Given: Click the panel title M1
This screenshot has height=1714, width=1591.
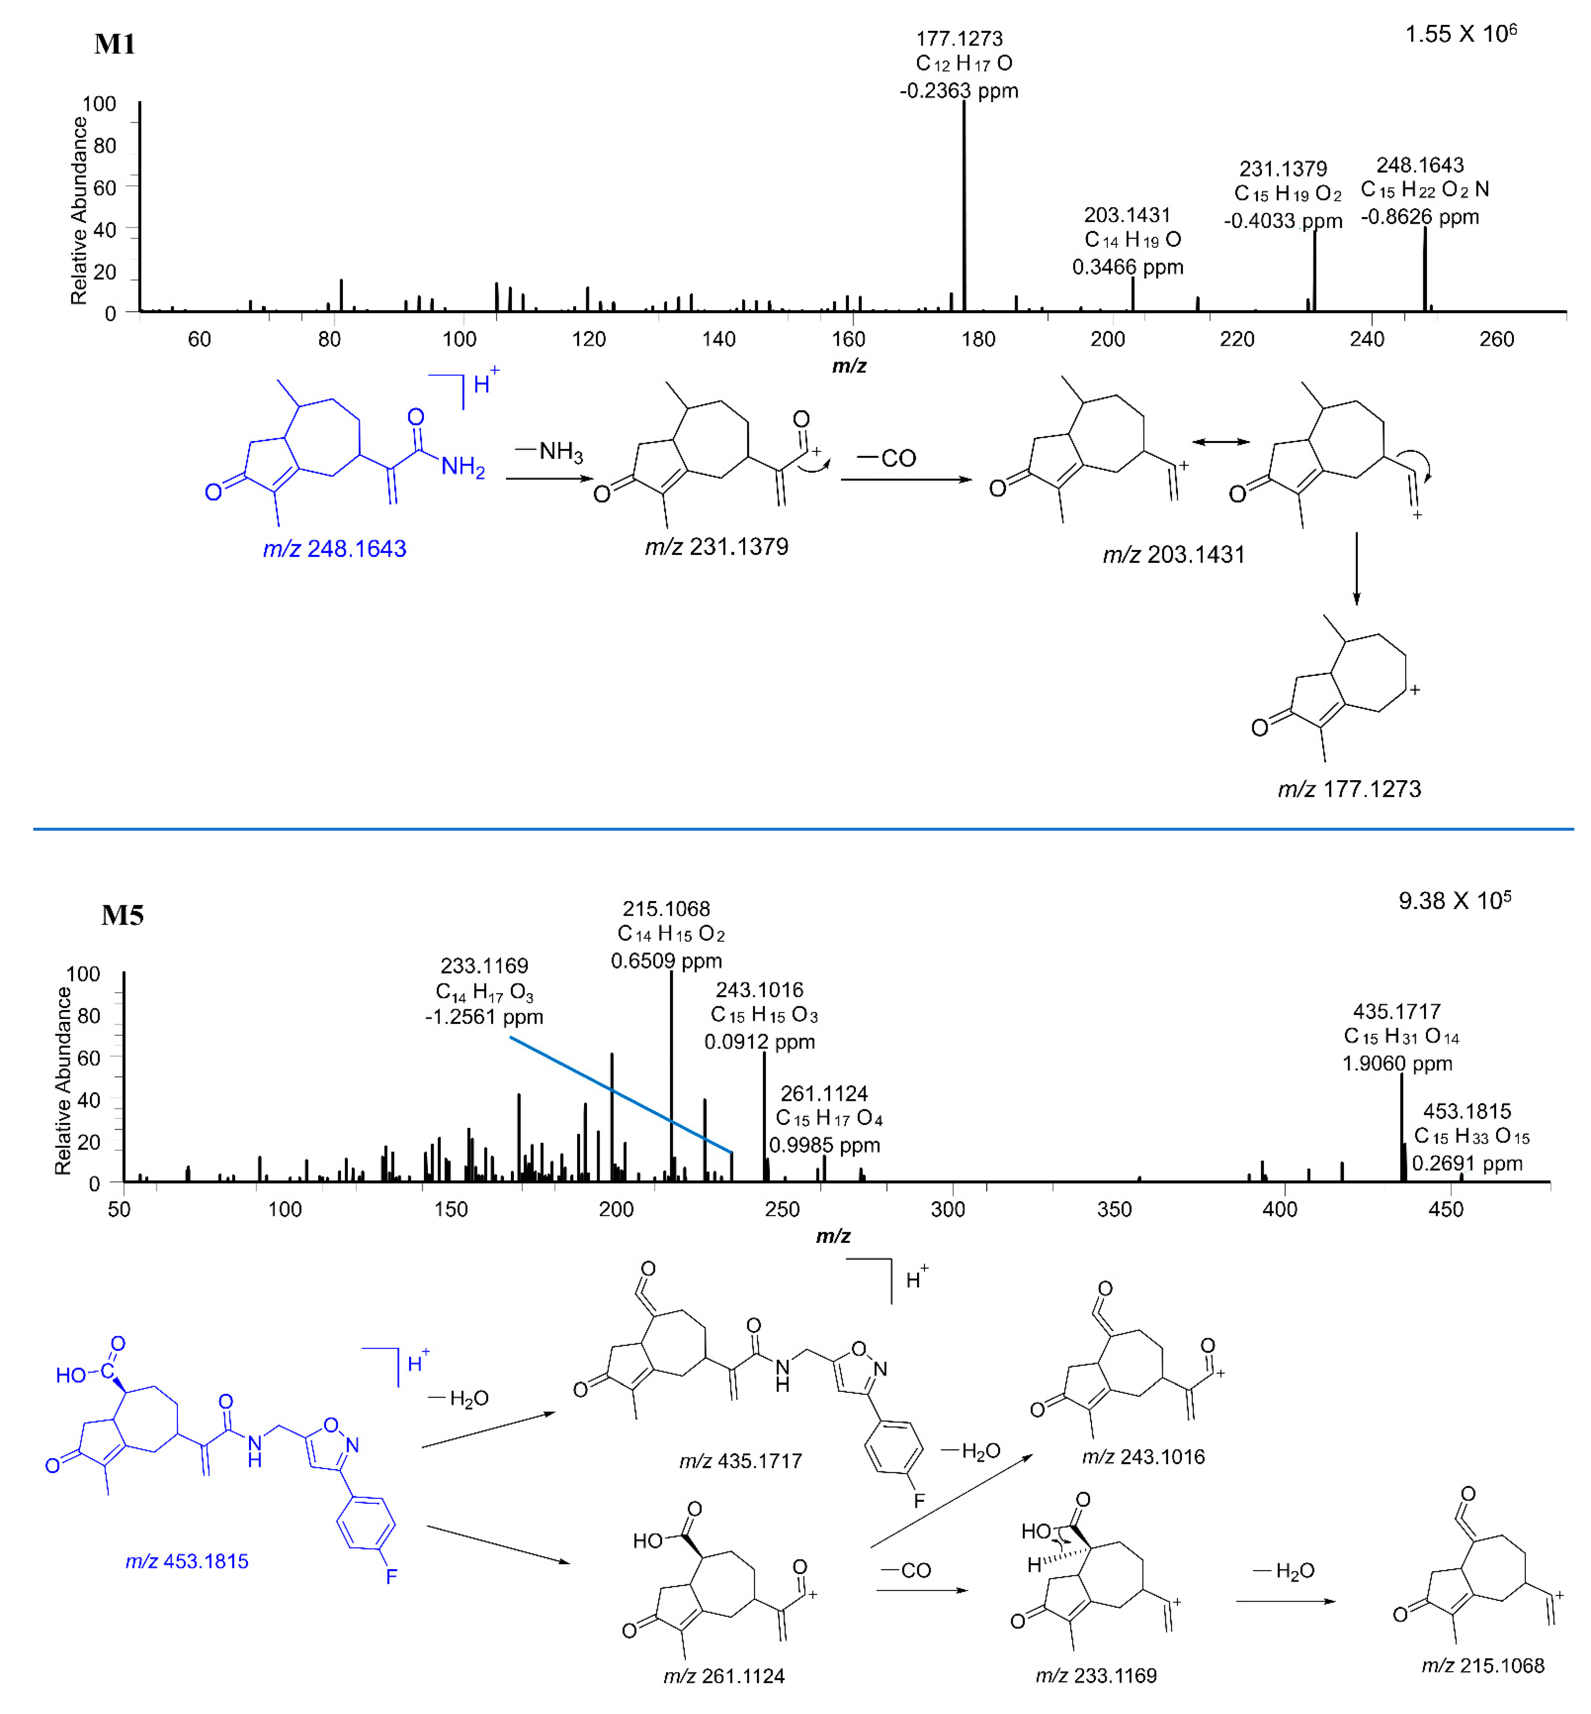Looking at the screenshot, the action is [x=114, y=44].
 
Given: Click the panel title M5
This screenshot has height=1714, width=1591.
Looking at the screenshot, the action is [x=122, y=915].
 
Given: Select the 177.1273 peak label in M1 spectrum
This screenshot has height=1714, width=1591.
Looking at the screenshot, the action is [x=959, y=39].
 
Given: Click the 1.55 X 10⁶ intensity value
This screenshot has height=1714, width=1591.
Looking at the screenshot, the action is [x=1460, y=34].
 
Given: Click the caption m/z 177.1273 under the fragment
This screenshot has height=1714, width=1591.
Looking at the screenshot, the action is [x=1349, y=789].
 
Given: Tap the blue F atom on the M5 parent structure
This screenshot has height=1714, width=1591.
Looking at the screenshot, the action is [x=392, y=1576].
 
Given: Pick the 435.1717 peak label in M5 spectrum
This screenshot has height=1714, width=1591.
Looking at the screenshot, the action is [x=1396, y=1011].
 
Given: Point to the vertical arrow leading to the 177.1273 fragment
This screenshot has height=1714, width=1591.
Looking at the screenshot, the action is [x=1357, y=568].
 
